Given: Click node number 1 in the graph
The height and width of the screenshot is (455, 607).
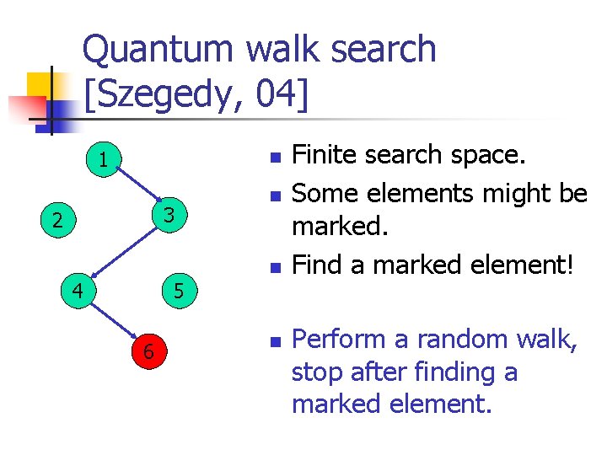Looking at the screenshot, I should [x=102, y=159].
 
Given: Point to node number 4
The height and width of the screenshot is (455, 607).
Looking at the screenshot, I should [x=78, y=292].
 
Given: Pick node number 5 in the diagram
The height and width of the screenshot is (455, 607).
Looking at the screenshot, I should [x=178, y=292].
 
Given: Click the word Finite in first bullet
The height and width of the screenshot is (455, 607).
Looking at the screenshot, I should [x=325, y=155].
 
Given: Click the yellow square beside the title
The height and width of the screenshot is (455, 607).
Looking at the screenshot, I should [x=40, y=85].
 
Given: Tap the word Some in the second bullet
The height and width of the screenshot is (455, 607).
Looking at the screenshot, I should [x=319, y=193].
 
